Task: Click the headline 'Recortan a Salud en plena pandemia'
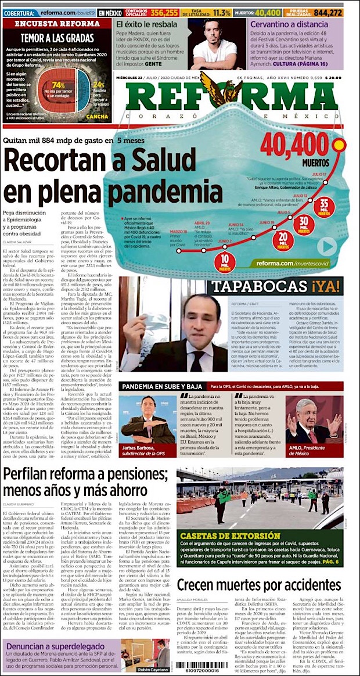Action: [113, 175]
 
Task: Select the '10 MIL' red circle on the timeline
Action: [225, 260]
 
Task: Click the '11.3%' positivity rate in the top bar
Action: [222, 12]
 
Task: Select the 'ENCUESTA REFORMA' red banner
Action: [57, 24]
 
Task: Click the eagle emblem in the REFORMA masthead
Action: [221, 87]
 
